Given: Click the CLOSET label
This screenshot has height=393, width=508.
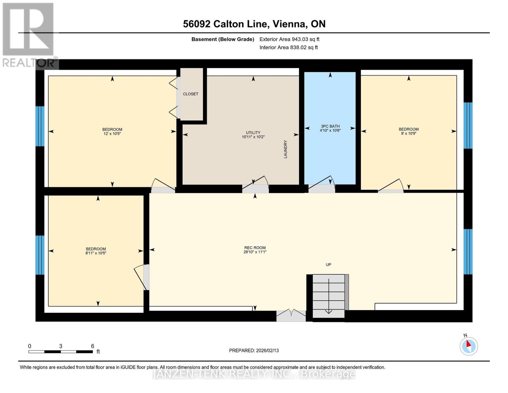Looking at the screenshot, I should click(x=190, y=94).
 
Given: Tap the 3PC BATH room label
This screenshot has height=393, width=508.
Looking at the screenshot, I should click(x=330, y=126).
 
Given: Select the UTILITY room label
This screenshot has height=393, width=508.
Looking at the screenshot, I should click(x=253, y=133).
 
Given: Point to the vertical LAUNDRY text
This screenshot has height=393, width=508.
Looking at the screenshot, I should click(x=285, y=149).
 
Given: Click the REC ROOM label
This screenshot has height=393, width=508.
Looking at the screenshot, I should click(x=255, y=248).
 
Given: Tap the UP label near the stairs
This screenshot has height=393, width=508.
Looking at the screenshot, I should click(x=328, y=265).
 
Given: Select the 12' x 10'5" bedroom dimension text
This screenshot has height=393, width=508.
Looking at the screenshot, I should click(x=112, y=134).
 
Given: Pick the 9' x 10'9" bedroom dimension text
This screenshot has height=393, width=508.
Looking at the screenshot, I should click(x=409, y=134).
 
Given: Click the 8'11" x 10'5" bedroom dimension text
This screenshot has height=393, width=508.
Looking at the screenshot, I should click(x=96, y=253).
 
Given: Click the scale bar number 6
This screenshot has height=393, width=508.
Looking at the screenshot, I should click(x=93, y=346).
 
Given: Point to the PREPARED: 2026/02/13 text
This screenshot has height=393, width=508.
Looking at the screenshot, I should click(x=254, y=350).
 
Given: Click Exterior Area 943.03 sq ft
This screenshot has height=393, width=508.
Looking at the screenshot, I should click(x=289, y=39).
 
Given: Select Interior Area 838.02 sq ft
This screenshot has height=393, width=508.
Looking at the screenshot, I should click(x=289, y=47).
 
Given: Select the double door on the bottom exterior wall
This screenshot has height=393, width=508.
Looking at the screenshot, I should click(x=291, y=316).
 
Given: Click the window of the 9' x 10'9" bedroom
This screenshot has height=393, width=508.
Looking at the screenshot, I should click(x=468, y=125).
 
